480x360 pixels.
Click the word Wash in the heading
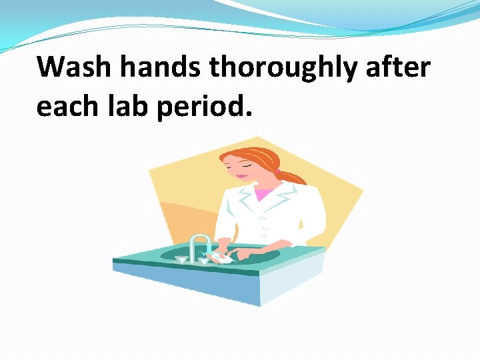click(x=67, y=67)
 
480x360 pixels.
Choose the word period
click(x=205, y=107)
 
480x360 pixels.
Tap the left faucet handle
click(x=181, y=257)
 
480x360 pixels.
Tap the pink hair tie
click(x=277, y=171)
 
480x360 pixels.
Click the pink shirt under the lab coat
click(x=265, y=194)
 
